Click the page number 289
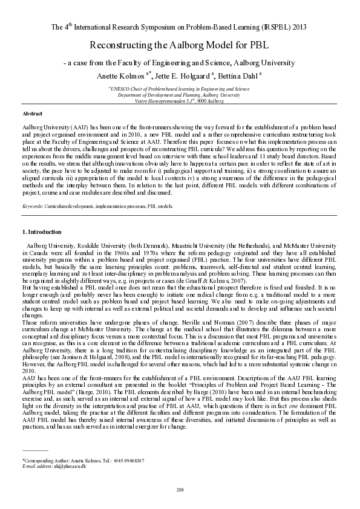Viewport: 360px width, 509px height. tap(180, 489)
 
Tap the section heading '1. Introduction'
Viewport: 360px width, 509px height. tap(41, 232)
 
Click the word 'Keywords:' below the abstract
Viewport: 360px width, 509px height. tap(32, 207)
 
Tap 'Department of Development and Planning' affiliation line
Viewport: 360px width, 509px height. tap(179, 95)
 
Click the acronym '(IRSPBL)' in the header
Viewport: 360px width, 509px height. tap(265, 27)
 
